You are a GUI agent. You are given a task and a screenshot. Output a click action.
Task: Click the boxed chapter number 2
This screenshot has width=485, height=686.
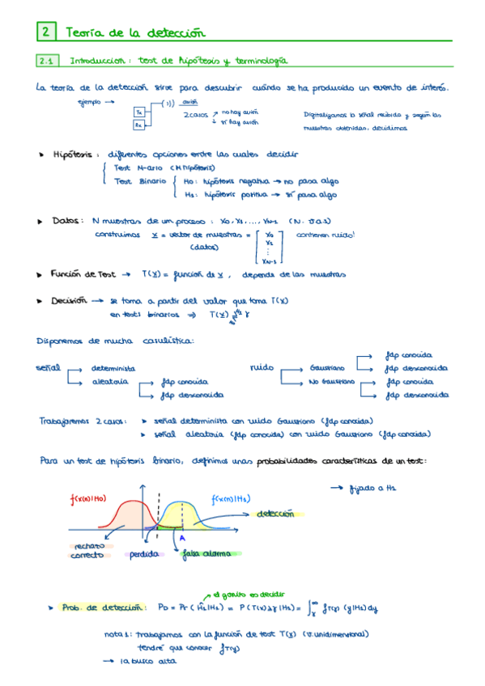46,32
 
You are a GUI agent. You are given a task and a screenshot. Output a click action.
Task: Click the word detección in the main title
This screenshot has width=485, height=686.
173,32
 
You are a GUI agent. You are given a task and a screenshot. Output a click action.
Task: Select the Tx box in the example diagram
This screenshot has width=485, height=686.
139,112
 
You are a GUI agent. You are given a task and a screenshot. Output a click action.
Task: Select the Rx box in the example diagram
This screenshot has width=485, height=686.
139,125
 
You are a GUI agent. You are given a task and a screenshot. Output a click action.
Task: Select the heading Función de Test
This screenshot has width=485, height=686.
84,275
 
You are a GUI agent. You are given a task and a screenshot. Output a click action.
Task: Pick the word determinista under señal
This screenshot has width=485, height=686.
113,368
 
